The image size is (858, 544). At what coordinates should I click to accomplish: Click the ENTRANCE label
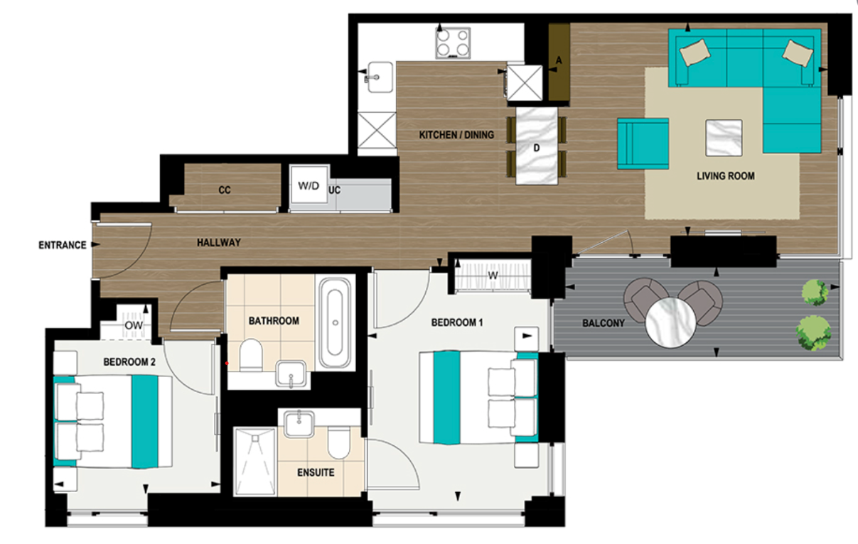tap(62, 246)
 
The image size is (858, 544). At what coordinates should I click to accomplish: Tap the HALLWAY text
tap(219, 243)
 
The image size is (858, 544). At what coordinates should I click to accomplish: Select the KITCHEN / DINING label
tap(456, 135)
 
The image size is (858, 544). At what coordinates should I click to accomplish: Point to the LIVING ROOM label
tap(726, 176)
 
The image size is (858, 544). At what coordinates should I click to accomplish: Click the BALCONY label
tap(604, 323)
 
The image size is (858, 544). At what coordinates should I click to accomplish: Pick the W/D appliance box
tap(309, 187)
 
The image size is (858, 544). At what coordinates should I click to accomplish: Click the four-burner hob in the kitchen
tap(454, 43)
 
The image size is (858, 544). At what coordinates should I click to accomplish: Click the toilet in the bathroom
tap(250, 355)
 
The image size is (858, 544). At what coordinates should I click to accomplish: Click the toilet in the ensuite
tap(339, 442)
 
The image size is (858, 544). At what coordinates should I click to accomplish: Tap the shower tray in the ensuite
tap(254, 462)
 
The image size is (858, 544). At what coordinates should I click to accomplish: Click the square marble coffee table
tap(724, 138)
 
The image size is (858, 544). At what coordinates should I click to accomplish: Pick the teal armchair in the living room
tap(643, 143)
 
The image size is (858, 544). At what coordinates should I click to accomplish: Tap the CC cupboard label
tap(225, 190)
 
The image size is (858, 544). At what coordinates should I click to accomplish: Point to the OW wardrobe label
tap(134, 325)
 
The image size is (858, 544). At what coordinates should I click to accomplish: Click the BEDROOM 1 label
tap(457, 322)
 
